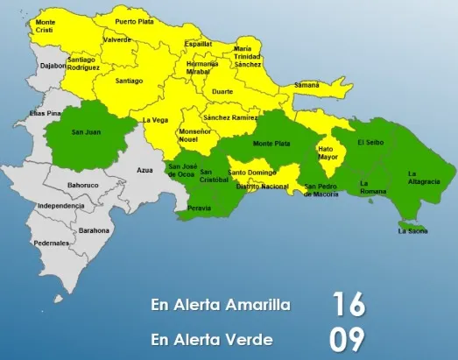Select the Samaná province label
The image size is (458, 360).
(x=306, y=85)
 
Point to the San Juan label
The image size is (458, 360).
(x=85, y=133)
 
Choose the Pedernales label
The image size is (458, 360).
(x=52, y=243)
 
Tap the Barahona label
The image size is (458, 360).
(x=94, y=230)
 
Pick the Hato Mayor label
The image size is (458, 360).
(x=328, y=154)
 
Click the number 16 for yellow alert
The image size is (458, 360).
(x=347, y=304)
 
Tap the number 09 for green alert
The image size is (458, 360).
(x=347, y=339)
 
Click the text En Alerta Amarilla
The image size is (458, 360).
(x=220, y=305)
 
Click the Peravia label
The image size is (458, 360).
(x=199, y=208)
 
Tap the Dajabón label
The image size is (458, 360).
(x=53, y=64)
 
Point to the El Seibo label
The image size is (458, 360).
(x=370, y=142)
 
